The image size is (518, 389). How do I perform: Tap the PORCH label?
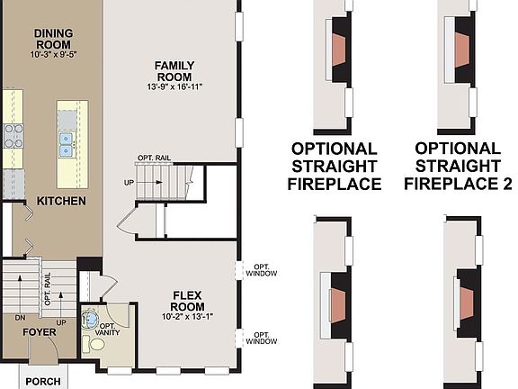[42, 381]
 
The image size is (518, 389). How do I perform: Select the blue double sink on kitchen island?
[66, 140]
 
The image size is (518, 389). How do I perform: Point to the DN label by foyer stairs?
[19, 318]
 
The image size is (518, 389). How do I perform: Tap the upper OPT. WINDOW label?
[263, 270]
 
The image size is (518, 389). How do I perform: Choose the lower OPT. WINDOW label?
[263, 338]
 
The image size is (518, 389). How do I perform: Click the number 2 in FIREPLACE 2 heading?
[505, 184]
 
